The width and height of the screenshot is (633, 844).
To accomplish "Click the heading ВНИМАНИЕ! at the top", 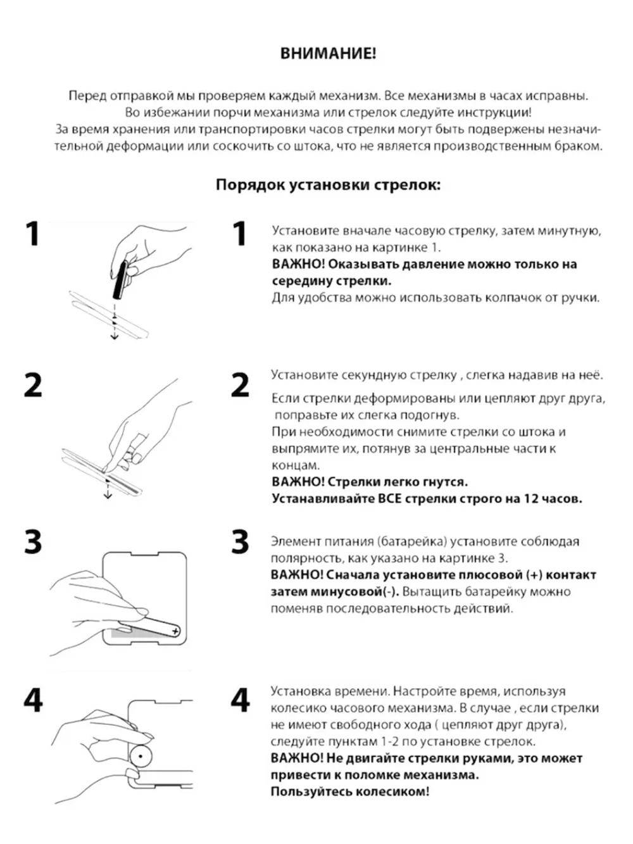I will pyautogui.click(x=328, y=54).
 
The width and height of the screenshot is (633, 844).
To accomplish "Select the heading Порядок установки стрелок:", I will pyautogui.click(x=328, y=185).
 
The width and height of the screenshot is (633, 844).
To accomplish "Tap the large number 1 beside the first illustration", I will pyautogui.click(x=32, y=234).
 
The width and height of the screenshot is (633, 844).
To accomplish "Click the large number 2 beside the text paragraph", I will pyautogui.click(x=241, y=384).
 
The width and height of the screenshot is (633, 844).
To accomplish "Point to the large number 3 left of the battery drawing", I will pyautogui.click(x=33, y=543).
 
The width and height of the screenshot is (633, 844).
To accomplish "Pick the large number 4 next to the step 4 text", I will pyautogui.click(x=241, y=700).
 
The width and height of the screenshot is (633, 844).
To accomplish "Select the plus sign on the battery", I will pyautogui.click(x=175, y=631).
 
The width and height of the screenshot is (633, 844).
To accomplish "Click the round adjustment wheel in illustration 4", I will pyautogui.click(x=139, y=755).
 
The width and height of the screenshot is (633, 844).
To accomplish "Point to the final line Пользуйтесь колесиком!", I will pyautogui.click(x=350, y=791).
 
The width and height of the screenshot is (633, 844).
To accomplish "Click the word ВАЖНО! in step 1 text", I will pyautogui.click(x=298, y=264).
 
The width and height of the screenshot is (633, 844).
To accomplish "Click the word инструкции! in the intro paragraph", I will pyautogui.click(x=497, y=113).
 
